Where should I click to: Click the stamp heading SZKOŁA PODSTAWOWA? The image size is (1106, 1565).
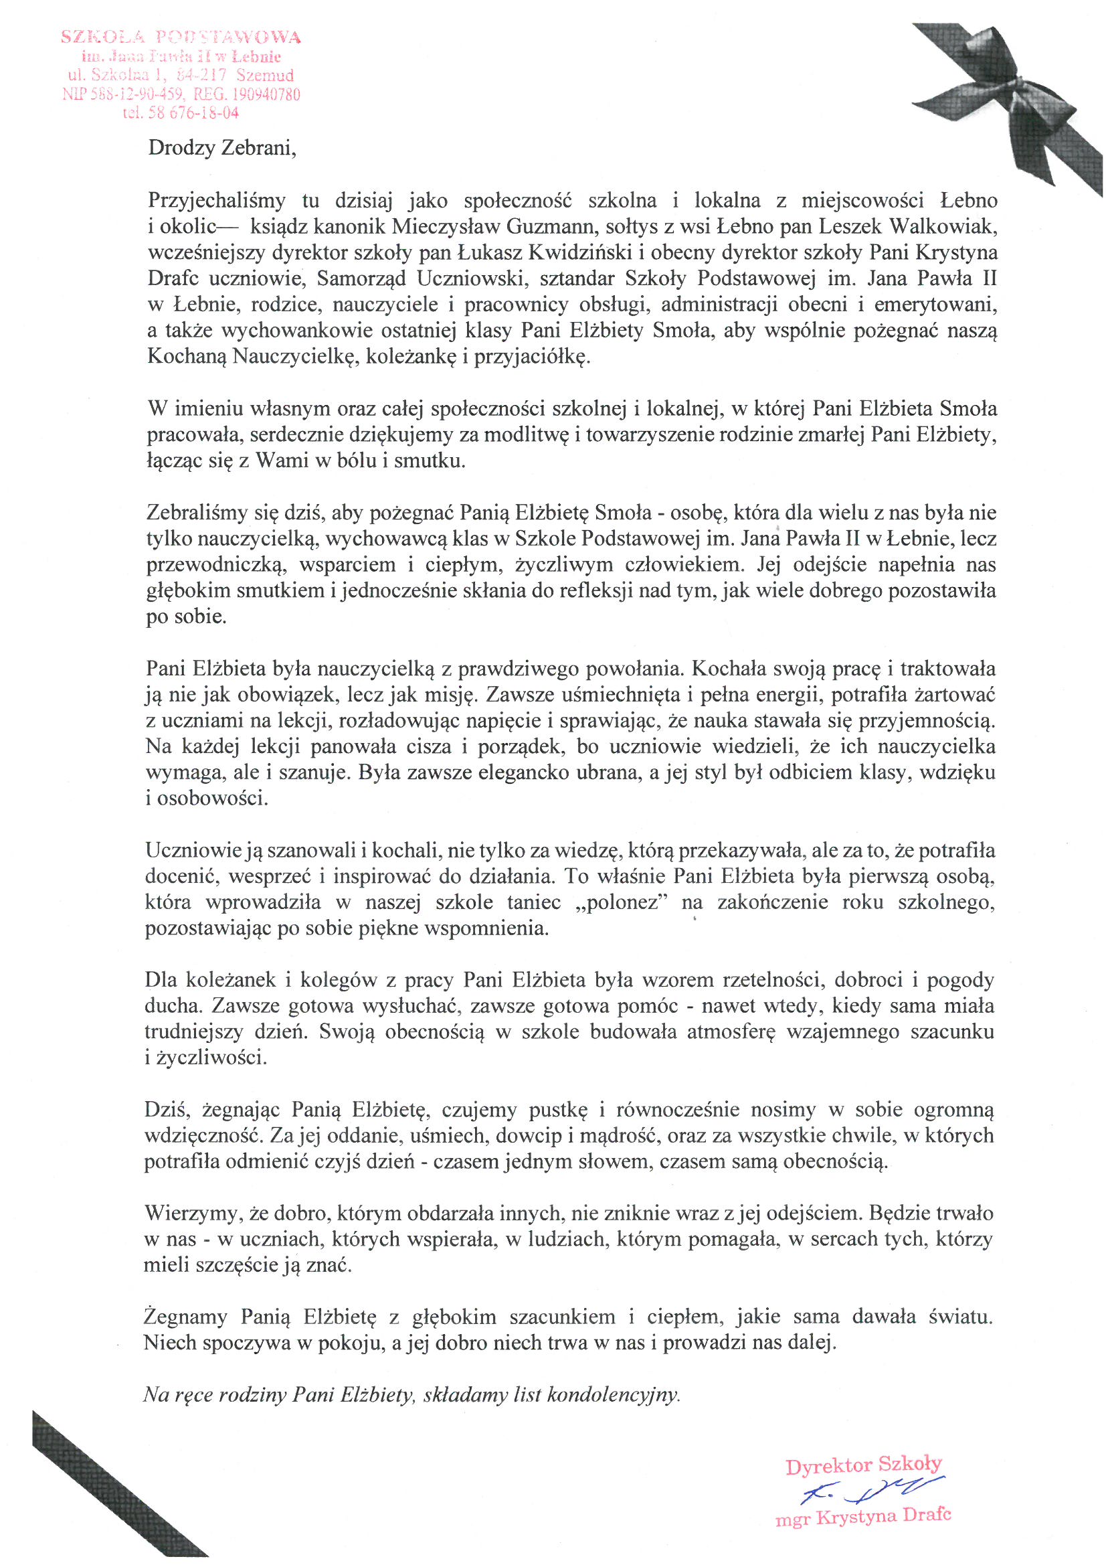click(181, 37)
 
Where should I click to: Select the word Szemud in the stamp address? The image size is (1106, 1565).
click(265, 75)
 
